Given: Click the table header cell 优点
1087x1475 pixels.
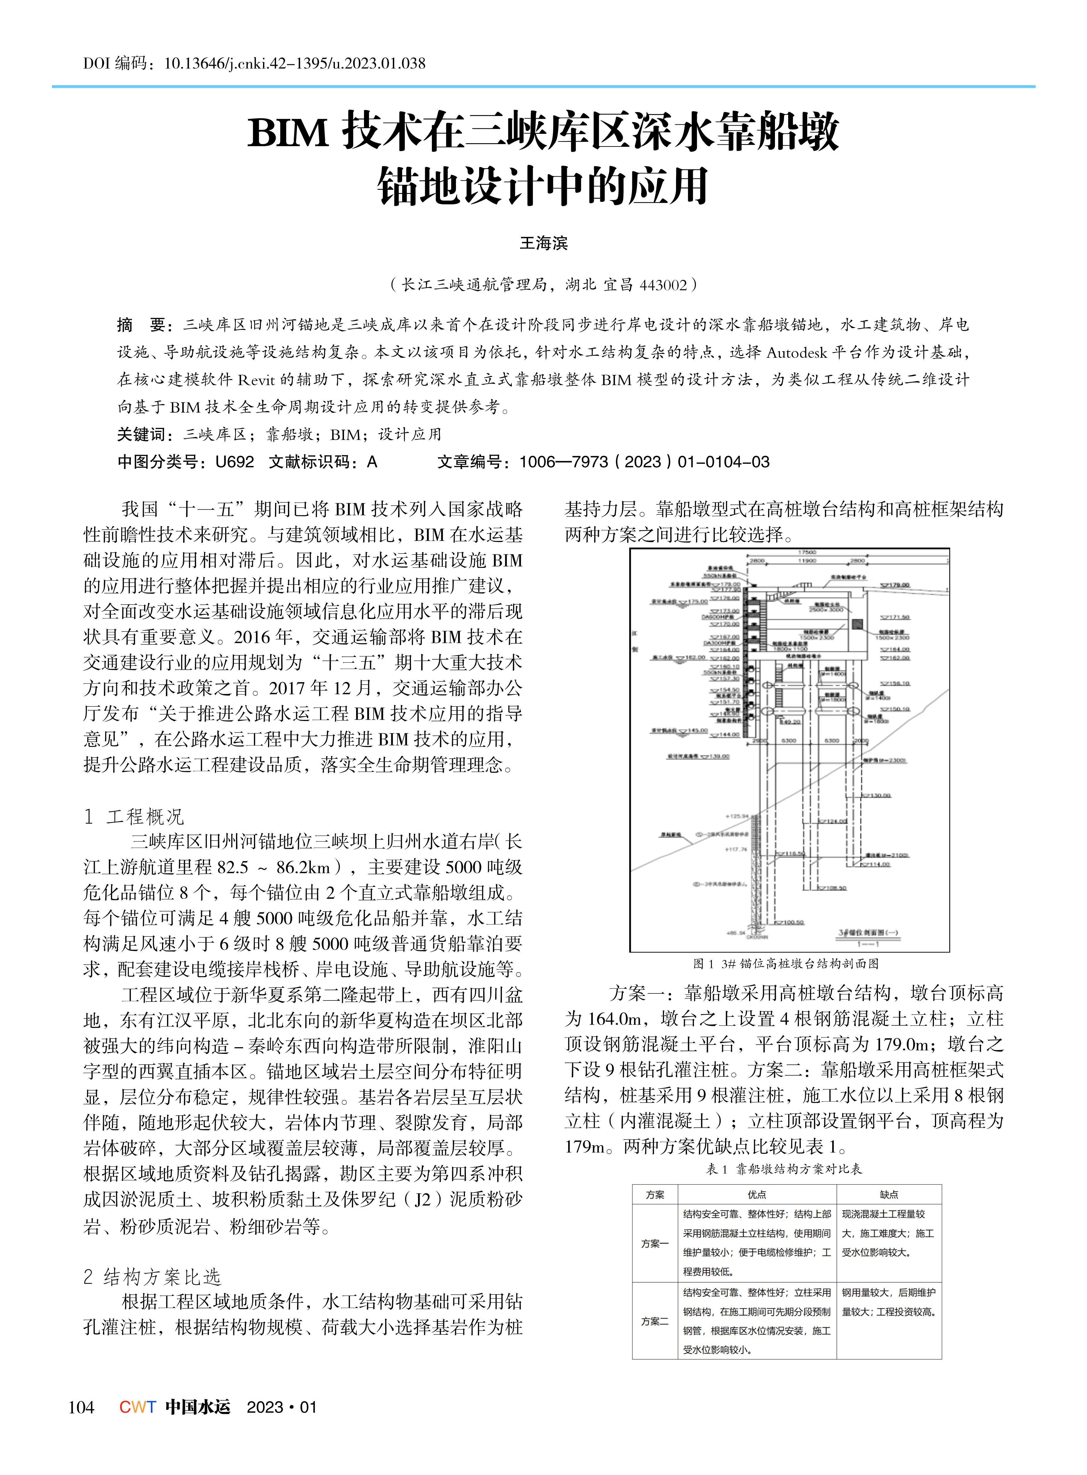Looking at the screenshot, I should coord(757,1194).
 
